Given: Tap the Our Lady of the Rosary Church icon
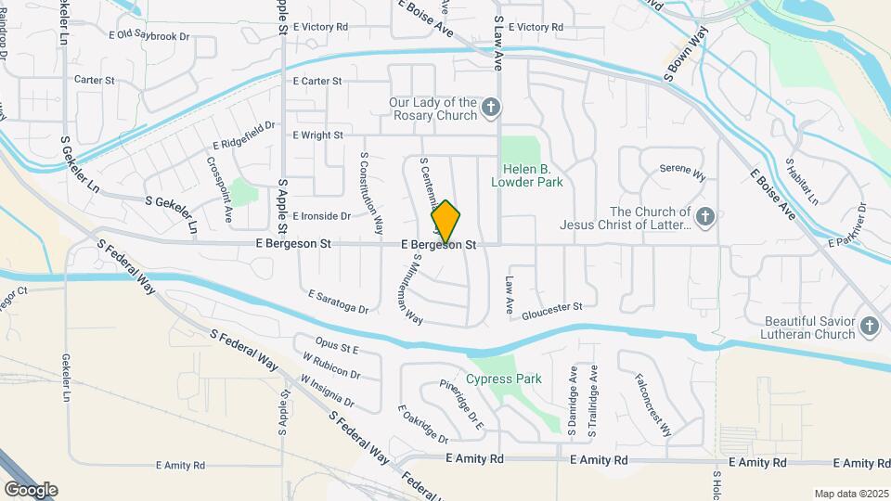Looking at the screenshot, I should (492, 109).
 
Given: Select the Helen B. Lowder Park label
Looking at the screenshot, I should (533, 175).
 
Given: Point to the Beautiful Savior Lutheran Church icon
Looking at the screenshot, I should (869, 326).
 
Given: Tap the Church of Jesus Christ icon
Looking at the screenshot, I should (705, 219).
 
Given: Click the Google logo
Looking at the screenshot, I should (31, 489).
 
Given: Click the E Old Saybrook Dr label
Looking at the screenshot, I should (148, 35).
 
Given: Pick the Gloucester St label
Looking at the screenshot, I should (551, 307).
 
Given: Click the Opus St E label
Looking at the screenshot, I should (337, 348).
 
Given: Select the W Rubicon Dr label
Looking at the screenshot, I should (330, 366).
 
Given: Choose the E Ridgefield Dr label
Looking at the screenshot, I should (245, 135).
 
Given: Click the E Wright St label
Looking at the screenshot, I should (318, 135).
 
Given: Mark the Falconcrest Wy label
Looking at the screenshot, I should (653, 405).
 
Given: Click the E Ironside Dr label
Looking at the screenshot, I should (321, 216).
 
